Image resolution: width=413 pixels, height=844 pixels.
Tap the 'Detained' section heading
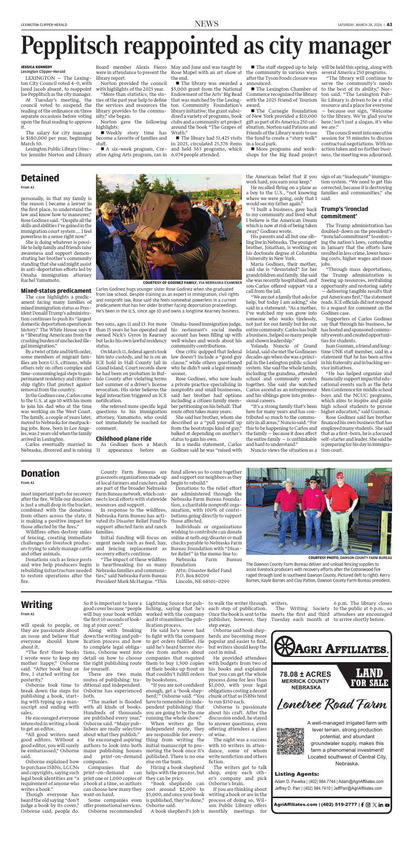coord(40,178)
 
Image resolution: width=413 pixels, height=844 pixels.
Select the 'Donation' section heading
coord(40,473)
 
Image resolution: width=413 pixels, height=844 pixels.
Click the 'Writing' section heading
coord(37,604)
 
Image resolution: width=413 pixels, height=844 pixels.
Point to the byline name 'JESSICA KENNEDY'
coord(37,67)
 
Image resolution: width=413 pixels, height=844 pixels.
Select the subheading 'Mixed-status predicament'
coord(56,290)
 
